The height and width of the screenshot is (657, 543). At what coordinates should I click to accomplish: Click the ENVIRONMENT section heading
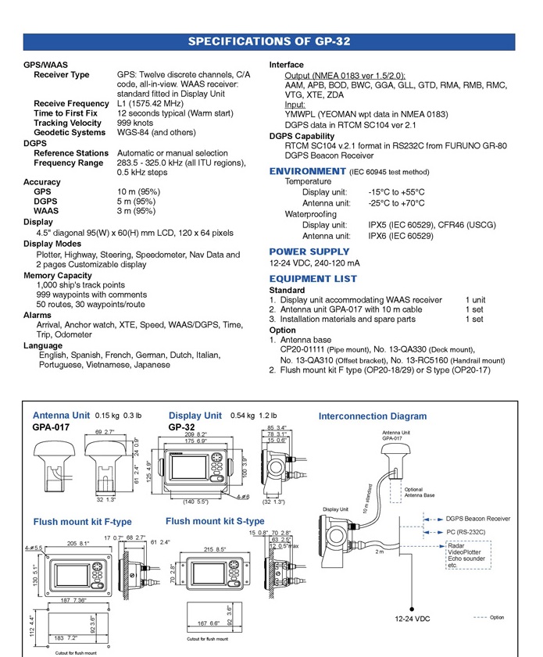coord(307,171)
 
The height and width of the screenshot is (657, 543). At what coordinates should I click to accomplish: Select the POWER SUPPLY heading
coord(309,252)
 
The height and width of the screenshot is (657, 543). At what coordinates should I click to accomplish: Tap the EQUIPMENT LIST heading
coord(313,278)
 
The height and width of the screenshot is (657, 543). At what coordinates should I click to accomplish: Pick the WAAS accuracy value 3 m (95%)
coord(136,210)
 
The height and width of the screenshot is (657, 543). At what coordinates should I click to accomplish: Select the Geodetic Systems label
coord(69,132)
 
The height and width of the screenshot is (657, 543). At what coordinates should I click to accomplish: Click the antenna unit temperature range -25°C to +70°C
coord(397,203)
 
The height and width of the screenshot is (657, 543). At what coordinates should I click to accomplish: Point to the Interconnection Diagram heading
coord(373,416)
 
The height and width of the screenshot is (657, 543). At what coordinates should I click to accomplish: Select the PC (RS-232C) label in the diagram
coord(467,532)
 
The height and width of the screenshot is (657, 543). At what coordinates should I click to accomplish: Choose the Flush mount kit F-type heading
coord(82,522)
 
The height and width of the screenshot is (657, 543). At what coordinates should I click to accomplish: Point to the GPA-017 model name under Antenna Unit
coord(52,428)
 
